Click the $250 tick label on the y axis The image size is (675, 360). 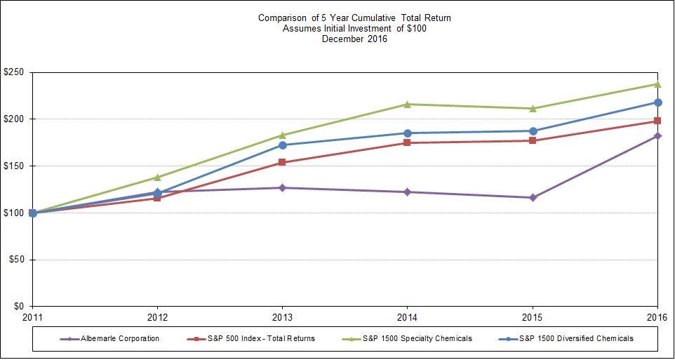[13, 72]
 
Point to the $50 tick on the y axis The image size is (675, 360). [15, 260]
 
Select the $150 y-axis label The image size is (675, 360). [13, 166]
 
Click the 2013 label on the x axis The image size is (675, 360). [282, 316]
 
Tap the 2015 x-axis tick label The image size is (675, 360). [532, 316]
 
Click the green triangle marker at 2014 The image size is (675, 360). [407, 104]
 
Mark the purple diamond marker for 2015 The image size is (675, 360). [533, 197]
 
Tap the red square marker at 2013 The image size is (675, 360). [282, 162]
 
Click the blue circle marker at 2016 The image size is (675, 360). [657, 102]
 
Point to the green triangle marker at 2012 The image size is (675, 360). [157, 177]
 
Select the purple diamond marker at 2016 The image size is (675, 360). [657, 135]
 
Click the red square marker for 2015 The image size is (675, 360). [533, 140]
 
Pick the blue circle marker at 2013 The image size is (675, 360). [282, 145]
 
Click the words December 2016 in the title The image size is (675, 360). [354, 39]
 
